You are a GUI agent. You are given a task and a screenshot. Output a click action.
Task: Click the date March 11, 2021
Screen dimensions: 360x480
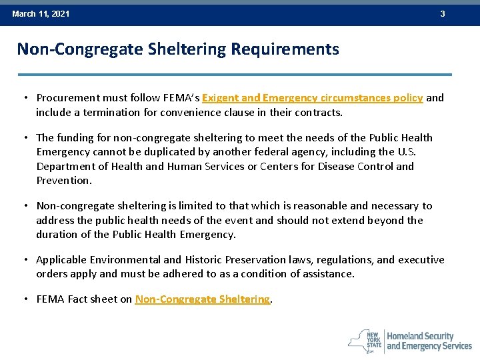coord(41,14)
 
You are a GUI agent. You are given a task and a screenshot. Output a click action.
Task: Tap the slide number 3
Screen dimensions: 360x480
coord(442,14)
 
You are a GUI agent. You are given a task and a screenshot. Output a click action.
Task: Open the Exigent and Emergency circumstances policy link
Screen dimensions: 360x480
coord(312,98)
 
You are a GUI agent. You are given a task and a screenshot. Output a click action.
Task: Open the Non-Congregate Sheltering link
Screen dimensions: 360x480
coord(203,299)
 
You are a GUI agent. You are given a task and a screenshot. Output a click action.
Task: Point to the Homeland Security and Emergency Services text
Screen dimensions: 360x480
coord(429,341)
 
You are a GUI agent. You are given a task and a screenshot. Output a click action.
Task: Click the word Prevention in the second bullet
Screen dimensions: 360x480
coord(63,181)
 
